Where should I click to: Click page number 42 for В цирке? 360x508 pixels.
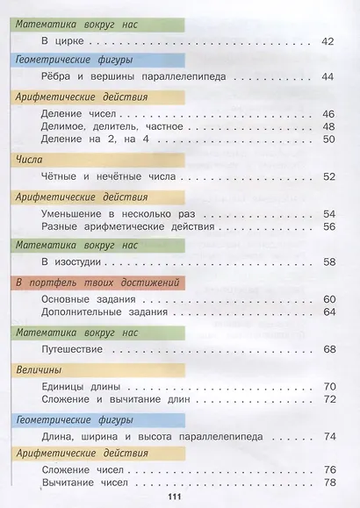pos(329,40)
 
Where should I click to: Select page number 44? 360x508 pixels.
pos(329,77)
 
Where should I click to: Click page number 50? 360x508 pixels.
pos(329,139)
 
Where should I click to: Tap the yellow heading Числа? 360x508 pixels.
pos(34,158)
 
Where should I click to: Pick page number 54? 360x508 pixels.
pos(329,213)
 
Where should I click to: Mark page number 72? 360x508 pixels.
pos(329,399)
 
